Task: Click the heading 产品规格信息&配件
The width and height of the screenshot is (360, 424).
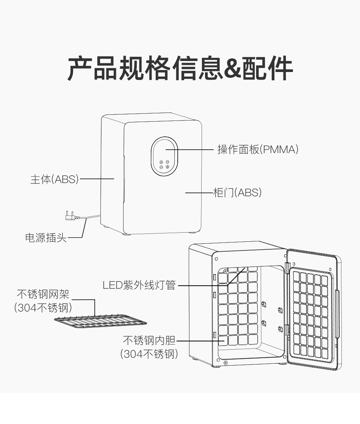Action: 180,69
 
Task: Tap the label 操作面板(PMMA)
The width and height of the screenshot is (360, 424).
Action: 258,150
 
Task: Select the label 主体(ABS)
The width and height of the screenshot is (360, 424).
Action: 54,179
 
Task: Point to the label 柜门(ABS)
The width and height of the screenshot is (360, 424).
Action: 237,193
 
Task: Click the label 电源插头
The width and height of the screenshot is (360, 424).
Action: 45,238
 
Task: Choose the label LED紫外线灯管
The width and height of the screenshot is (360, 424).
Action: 139,285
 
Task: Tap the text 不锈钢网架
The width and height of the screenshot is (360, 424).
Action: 43,294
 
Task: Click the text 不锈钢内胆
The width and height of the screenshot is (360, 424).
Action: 149,341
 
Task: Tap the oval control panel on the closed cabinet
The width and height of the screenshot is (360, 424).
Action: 164,156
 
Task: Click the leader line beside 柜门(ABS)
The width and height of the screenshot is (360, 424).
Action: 199,193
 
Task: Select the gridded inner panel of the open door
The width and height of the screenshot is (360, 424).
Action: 311,314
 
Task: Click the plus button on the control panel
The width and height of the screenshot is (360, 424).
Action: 167,167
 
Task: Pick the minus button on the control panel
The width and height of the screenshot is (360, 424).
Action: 161,167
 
